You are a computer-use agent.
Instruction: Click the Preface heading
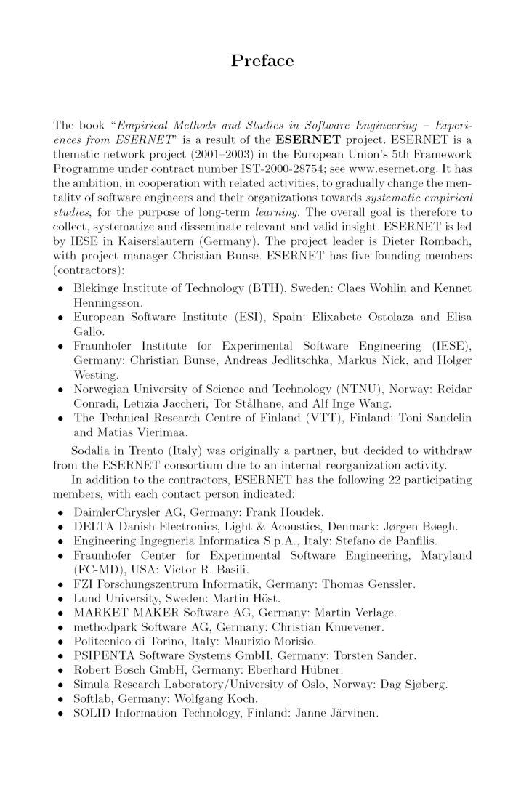[262, 61]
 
